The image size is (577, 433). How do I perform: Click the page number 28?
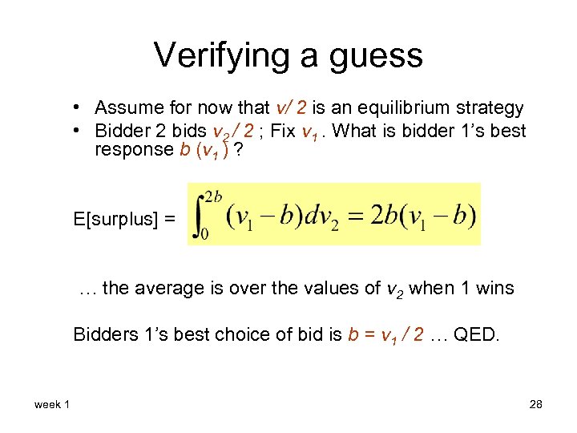coord(535,405)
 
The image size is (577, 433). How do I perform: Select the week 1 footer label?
coord(52,405)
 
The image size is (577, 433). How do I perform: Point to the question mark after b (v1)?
coord(239,150)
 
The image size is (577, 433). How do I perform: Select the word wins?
coord(492,289)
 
